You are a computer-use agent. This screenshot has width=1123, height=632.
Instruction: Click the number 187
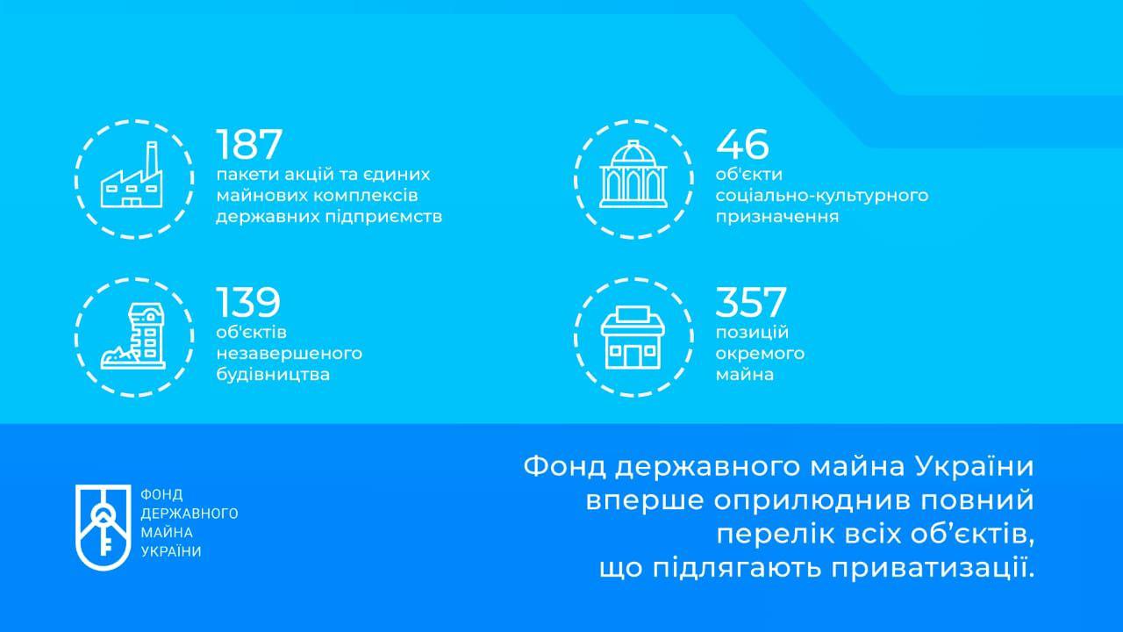(250, 143)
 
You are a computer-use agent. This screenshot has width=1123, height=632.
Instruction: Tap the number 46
(742, 143)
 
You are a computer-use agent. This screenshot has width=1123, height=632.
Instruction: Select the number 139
(248, 302)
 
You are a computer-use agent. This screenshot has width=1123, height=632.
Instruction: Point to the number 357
(751, 302)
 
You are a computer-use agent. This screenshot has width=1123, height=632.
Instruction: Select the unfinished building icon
(133, 338)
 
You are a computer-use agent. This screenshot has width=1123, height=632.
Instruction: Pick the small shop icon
(633, 338)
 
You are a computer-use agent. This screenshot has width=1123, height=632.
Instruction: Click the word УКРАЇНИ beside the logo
(170, 550)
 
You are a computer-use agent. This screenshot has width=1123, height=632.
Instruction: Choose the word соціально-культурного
(822, 195)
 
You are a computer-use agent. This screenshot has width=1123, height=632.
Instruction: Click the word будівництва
(273, 375)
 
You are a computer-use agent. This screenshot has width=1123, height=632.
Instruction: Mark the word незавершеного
(290, 354)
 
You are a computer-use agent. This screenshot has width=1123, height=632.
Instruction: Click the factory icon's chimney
(150, 157)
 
